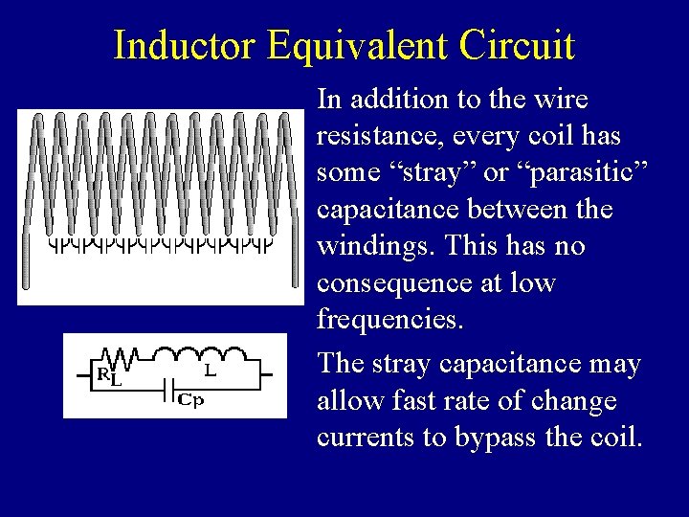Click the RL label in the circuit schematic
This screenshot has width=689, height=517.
109,376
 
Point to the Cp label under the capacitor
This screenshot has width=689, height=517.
191,401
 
